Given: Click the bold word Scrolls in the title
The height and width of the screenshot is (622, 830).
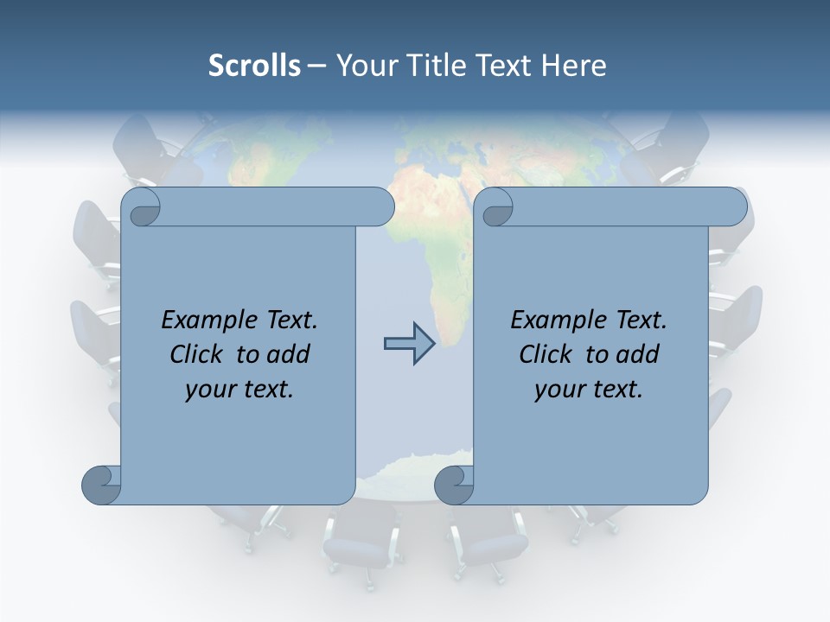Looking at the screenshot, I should tap(254, 65).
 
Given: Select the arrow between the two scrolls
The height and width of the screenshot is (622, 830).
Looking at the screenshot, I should tap(409, 344).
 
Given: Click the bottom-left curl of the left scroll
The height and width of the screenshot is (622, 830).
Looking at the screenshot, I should tap(101, 485).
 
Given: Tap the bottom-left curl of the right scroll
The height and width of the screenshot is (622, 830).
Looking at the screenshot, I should tap(454, 485).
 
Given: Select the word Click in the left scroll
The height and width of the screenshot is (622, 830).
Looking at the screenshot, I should tap(198, 354).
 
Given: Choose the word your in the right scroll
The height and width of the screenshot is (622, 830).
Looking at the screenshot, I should tap(559, 390).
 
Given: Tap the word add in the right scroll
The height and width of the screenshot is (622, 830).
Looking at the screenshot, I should tap(638, 354).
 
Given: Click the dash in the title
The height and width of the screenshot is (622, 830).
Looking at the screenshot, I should tap(317, 66).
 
